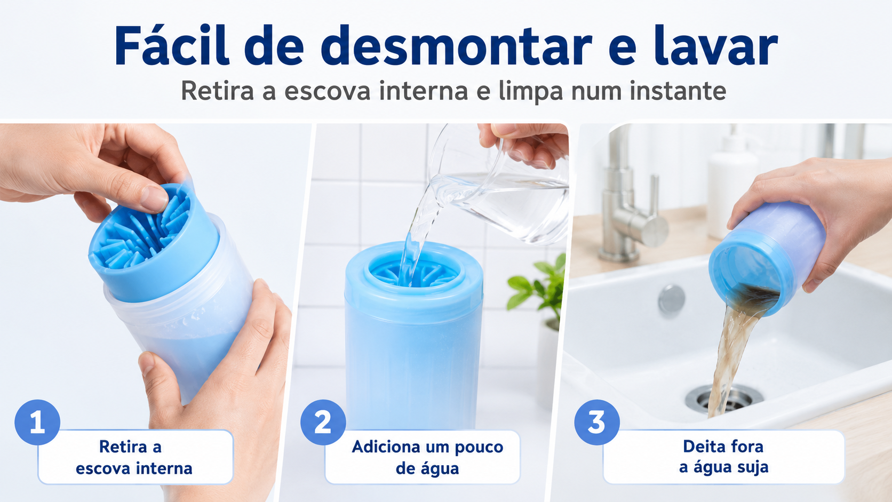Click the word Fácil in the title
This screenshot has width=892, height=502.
pos(172,45)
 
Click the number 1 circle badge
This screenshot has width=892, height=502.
pos(37,422)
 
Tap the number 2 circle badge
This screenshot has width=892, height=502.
pos(323,422)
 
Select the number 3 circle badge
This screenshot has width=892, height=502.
pos(597,422)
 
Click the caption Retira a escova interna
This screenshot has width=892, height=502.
pos(134,457)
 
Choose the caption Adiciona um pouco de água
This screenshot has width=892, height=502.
pos(427,457)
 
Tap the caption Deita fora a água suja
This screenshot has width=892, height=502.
pos(723,457)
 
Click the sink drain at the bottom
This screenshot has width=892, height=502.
pos(724,398)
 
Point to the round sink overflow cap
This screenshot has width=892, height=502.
pos(671,299)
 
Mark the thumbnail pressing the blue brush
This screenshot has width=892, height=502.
pos(154,198)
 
